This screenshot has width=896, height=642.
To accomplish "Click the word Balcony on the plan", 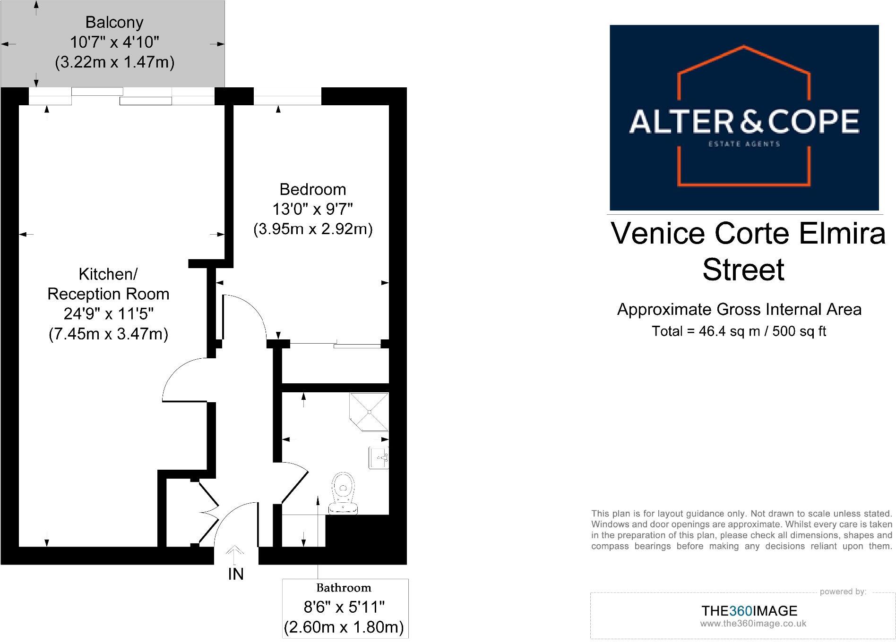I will click(114, 22).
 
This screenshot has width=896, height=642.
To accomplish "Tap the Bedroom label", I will click(313, 189).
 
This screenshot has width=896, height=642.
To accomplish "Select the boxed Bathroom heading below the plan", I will click(344, 588).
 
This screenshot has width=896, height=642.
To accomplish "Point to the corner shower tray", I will click(369, 412).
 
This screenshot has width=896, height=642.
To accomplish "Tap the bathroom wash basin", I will click(379, 457).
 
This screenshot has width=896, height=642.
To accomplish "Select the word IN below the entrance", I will click(236, 574).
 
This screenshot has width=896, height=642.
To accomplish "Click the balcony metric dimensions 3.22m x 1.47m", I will click(115, 62).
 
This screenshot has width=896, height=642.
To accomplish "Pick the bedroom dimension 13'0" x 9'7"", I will click(313, 209).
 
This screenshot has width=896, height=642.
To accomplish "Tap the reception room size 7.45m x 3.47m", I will click(109, 334).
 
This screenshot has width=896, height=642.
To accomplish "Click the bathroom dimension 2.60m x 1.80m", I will click(344, 627).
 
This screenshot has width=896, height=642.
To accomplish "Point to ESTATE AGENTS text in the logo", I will click(744, 144).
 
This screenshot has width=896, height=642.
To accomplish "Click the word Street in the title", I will click(743, 270).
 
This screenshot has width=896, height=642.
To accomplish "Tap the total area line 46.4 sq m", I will click(739, 331).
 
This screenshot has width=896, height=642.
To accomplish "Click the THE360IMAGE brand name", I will click(749, 611).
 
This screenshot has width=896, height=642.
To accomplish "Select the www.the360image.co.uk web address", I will click(753, 624).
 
